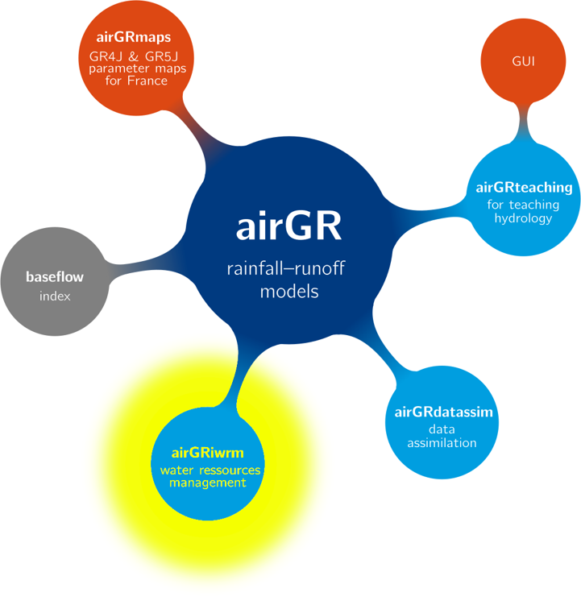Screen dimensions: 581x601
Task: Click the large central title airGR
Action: point(288,226)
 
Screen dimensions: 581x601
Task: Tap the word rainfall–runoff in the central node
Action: point(286,268)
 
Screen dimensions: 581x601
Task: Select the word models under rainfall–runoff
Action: point(289,292)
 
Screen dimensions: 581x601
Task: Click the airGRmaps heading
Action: point(134,38)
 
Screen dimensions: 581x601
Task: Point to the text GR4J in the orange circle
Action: point(106,56)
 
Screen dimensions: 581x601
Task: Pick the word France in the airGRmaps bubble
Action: point(147,81)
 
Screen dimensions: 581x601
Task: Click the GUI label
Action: point(523,61)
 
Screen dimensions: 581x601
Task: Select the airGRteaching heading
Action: point(524,188)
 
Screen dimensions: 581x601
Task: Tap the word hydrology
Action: point(523,218)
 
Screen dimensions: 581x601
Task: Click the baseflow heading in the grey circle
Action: point(55,277)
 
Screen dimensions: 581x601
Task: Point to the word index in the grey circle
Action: point(55,296)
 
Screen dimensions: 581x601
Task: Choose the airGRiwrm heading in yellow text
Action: point(207,453)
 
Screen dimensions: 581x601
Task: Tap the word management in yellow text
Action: point(207,483)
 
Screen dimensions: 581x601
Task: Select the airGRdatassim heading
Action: point(444,412)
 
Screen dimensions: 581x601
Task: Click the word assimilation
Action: point(442,443)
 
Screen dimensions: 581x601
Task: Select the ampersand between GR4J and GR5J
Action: point(133,56)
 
